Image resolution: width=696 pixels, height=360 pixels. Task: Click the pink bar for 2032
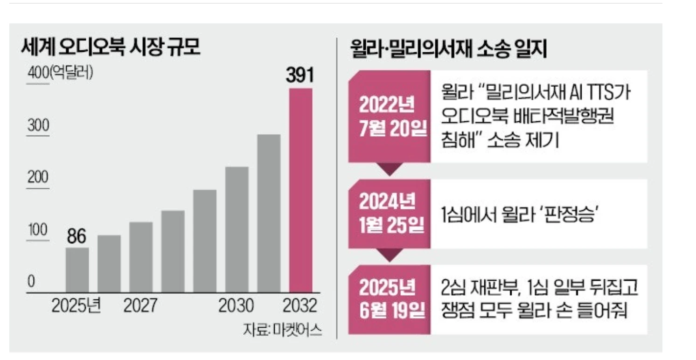301,190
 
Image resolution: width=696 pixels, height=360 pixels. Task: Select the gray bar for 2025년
77,270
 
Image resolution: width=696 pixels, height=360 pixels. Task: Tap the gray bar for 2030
237,229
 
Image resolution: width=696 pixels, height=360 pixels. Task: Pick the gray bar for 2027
141,257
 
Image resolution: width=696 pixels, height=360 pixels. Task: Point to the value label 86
76,236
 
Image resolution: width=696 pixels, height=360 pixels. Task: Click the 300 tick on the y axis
37,126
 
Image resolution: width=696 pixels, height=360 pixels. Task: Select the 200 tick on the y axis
37,178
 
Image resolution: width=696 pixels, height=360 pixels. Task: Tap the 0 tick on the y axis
31,282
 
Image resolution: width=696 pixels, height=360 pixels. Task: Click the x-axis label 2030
237,306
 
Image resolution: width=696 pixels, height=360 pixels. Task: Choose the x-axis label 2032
300,306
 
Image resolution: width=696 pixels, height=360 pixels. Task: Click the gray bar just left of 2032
269,213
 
